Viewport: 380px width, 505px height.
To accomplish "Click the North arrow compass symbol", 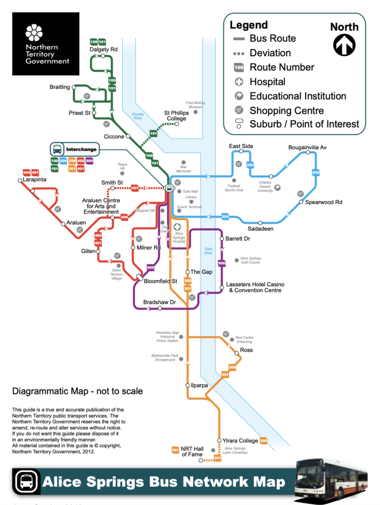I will point(344,45).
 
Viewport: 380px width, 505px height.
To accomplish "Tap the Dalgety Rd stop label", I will point(104,49).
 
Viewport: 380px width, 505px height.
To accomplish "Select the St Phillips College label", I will point(175,115).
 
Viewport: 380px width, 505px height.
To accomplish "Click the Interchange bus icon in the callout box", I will point(58,148).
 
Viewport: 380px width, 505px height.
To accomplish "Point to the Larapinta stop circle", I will point(20,180).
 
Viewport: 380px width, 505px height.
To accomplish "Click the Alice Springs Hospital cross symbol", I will point(177,226).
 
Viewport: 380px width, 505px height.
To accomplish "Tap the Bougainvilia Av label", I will point(308,147).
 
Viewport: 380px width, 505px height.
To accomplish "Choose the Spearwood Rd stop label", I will point(323,202).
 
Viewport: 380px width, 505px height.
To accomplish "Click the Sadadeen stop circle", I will point(260,223).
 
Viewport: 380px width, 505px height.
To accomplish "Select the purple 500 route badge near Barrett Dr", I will point(222,263).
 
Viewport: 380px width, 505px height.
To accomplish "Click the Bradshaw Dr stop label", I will point(159,301).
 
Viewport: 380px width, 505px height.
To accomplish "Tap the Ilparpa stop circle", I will point(187,385).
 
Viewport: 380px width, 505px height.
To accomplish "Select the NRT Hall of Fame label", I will point(192,451).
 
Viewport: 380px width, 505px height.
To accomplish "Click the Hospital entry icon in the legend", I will point(239,82).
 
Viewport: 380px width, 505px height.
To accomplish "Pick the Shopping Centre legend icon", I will point(239,110).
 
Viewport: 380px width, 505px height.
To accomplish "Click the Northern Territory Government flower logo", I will point(34,33).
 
